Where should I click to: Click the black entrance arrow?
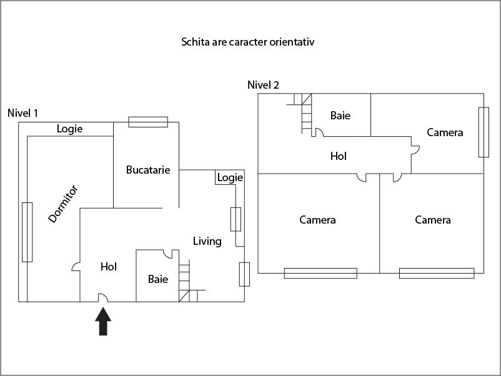pyautogui.click(x=104, y=322)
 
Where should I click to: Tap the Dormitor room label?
pyautogui.click(x=63, y=204)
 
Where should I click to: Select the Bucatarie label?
pyautogui.click(x=148, y=170)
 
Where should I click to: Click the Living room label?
pyautogui.click(x=207, y=241)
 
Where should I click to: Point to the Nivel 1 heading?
pyautogui.click(x=23, y=113)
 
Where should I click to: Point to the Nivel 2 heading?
pyautogui.click(x=263, y=86)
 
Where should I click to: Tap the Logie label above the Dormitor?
pyautogui.click(x=69, y=129)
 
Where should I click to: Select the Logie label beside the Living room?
pyautogui.click(x=229, y=178)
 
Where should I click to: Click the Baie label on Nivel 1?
pyautogui.click(x=158, y=279)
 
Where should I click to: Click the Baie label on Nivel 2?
pyautogui.click(x=340, y=116)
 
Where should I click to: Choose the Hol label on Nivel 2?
pyautogui.click(x=338, y=156)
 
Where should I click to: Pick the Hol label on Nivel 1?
pyautogui.click(x=109, y=267)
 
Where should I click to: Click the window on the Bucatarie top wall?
pyautogui.click(x=148, y=122)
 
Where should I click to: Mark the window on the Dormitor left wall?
pyautogui.click(x=27, y=232)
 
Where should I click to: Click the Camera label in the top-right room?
pyautogui.click(x=445, y=132)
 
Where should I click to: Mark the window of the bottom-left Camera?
pyautogui.click(x=320, y=273)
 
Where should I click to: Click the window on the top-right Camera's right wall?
pyautogui.click(x=483, y=132)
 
